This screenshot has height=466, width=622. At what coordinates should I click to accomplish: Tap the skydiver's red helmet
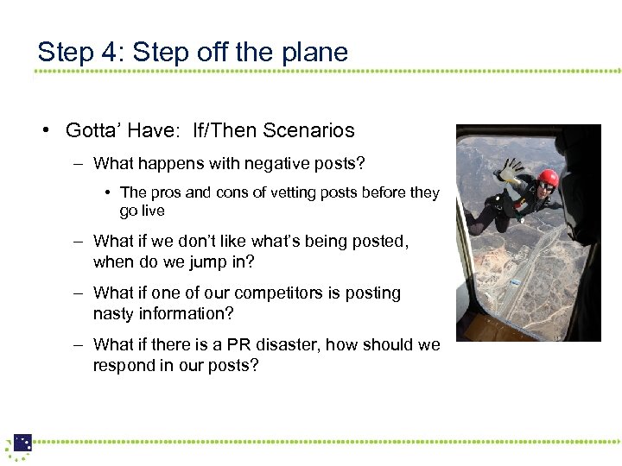[548, 179]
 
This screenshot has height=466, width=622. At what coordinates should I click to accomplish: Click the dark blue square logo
[22, 442]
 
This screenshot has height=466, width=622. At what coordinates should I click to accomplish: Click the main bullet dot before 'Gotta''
[43, 131]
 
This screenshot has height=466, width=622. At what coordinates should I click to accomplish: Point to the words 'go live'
[143, 211]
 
